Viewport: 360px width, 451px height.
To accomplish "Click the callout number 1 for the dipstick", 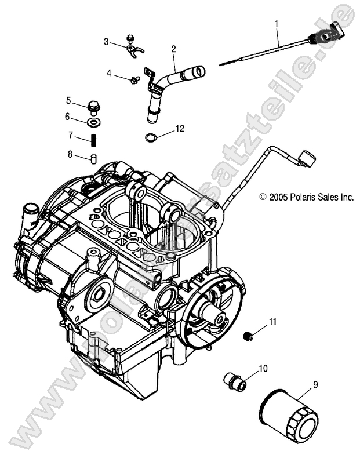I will point(277,24).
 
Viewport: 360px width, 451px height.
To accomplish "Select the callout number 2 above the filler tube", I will point(173,50).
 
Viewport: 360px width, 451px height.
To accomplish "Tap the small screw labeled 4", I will point(136,79).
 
